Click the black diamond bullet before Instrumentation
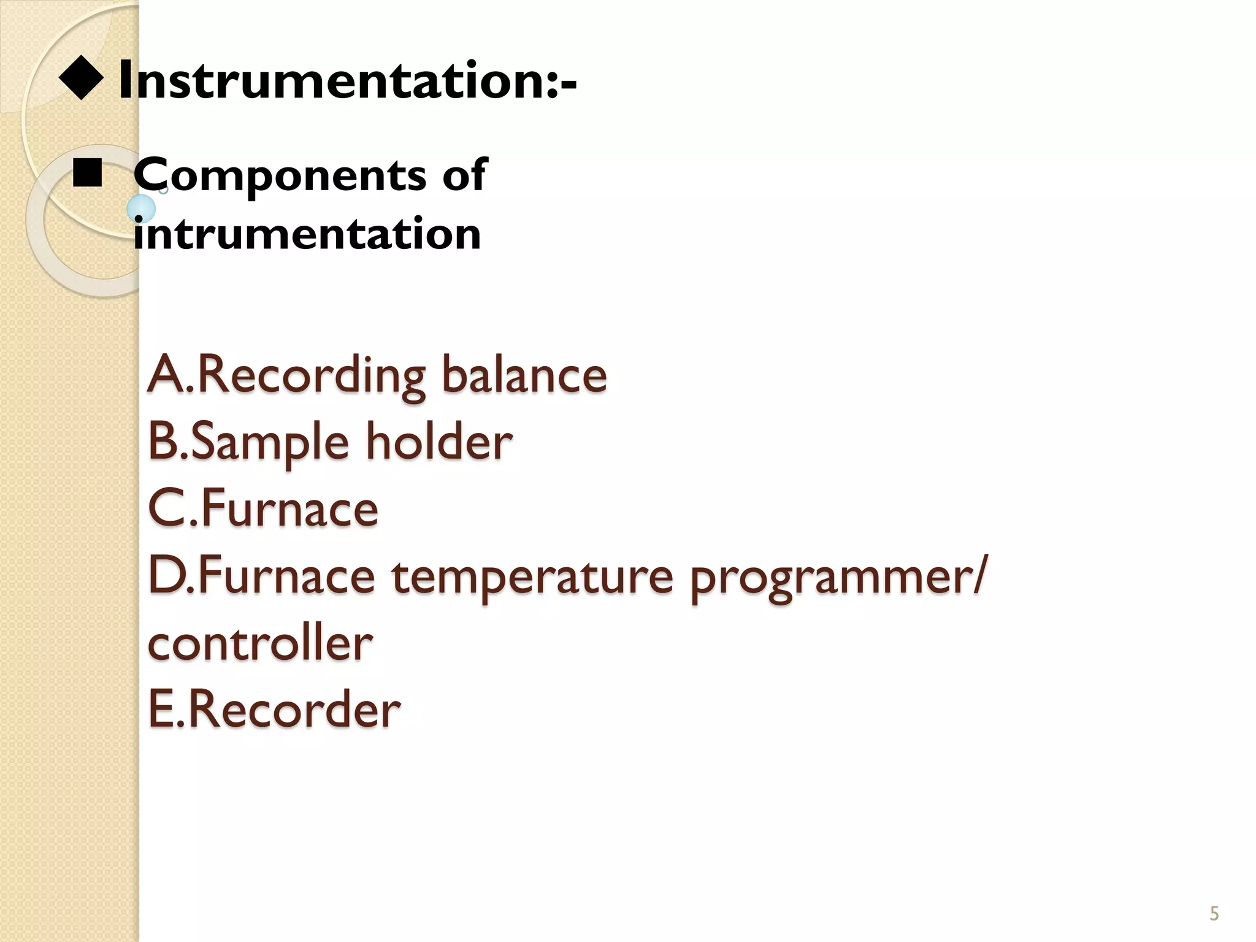pos(80,79)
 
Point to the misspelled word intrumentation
pos(307,234)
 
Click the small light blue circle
pos(141,209)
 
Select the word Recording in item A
pos(310,375)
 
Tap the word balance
pos(524,375)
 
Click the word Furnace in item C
pos(289,509)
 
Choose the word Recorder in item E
pos(294,710)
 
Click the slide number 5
pos(1214,914)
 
